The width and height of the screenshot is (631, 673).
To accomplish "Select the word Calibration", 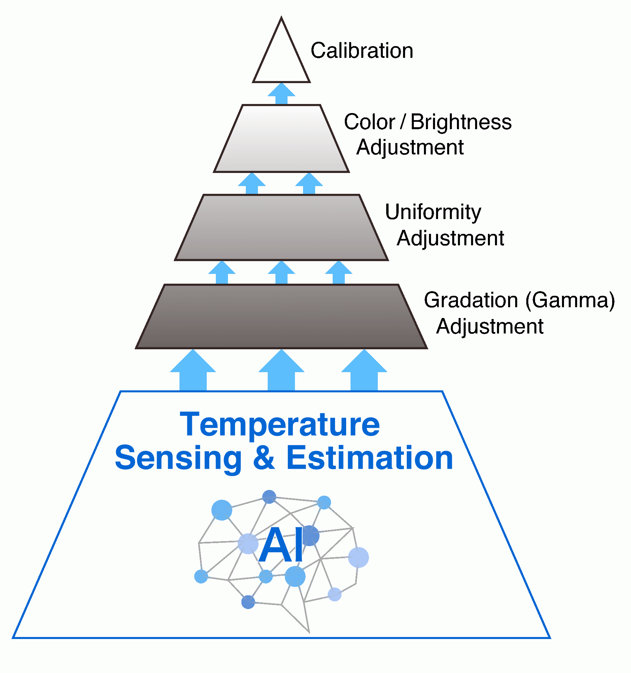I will [362, 51].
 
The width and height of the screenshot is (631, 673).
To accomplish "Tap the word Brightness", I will [461, 122].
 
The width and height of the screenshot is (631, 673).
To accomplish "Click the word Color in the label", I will [369, 122].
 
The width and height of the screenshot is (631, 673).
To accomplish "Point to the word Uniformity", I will [433, 212].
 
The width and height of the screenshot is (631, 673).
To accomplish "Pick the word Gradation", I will [471, 300].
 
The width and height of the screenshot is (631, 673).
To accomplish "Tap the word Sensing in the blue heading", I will [178, 458].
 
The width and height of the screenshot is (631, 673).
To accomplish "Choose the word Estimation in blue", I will [369, 458].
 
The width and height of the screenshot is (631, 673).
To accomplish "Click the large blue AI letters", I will [281, 545].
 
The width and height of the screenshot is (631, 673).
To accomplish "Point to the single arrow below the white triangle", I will [281, 94].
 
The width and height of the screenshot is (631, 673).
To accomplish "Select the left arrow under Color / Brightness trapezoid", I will [252, 183].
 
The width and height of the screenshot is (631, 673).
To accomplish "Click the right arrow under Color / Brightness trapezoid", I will [309, 183].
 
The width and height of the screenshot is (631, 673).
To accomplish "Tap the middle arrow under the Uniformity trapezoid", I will [281, 273].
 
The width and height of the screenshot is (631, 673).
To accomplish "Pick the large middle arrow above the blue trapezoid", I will [281, 371].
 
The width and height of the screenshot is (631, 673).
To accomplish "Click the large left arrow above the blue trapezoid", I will [193, 371].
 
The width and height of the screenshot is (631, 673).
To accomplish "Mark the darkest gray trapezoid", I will [281, 317].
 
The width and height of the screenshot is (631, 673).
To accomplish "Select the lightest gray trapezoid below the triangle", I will [281, 139].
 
